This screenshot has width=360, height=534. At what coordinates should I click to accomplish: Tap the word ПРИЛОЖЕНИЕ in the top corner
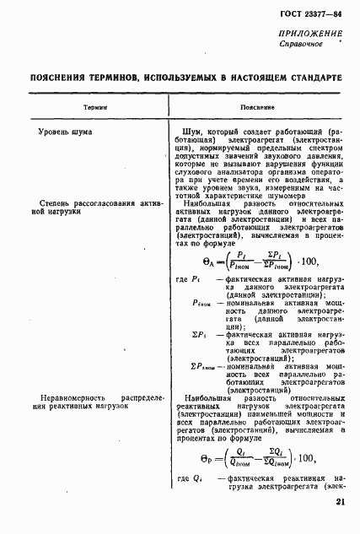309,33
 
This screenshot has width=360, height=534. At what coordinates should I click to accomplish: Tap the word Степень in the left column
56,202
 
